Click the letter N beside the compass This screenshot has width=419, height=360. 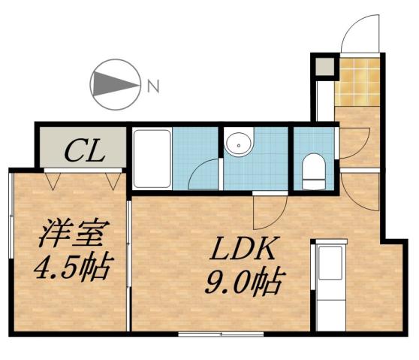click(x=154, y=86)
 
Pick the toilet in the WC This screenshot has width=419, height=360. click(x=312, y=171)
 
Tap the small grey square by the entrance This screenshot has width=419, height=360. click(x=324, y=68)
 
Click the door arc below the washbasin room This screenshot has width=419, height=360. click(x=268, y=212)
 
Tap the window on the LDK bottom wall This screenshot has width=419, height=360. click(x=221, y=332)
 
